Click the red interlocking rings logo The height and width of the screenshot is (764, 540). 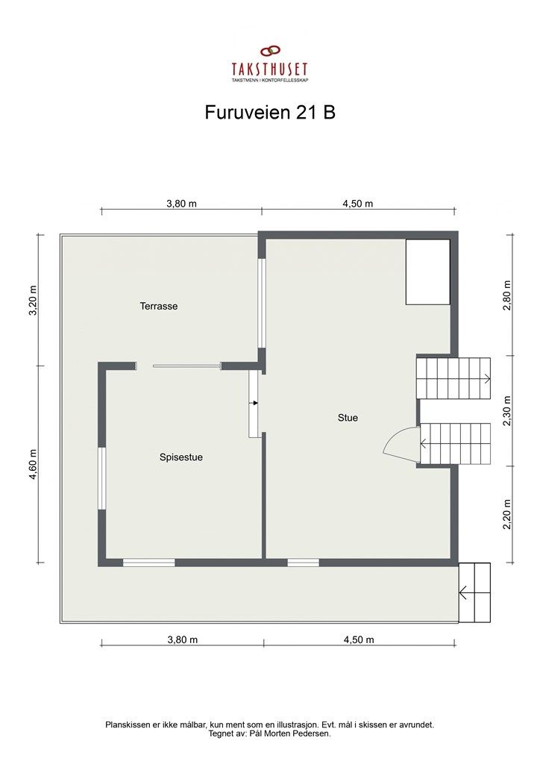[x=269, y=51]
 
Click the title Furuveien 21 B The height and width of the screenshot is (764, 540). [x=269, y=112]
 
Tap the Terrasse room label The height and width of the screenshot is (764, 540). [x=158, y=306]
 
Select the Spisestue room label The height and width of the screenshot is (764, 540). [x=180, y=457]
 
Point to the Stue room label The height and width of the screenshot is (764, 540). [x=348, y=418]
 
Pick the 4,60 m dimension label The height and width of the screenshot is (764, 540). [x=32, y=464]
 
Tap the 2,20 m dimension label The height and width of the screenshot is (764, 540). [x=507, y=514]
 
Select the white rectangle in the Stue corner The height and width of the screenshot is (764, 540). [x=427, y=272]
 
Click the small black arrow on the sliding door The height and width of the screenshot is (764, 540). [x=254, y=403]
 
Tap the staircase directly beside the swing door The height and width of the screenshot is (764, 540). [x=455, y=443]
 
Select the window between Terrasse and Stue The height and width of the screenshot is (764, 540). [x=261, y=303]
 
